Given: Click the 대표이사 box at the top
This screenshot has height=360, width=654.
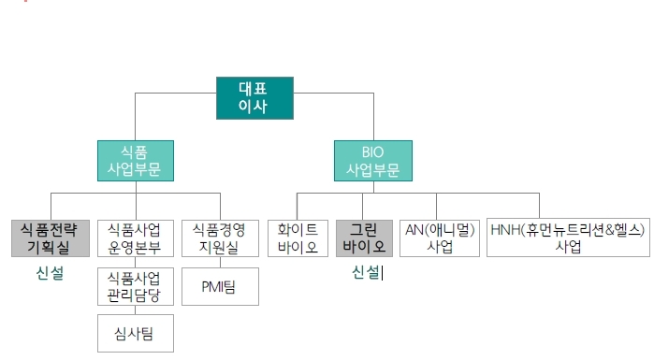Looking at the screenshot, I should pos(254,98).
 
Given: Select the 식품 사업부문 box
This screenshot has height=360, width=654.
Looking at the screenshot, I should pos(135,161).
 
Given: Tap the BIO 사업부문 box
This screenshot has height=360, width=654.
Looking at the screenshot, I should pos(372,161).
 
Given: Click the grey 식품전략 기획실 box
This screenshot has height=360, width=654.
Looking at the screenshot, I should pos(51,238).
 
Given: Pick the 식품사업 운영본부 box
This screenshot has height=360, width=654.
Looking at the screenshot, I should pos(136,238).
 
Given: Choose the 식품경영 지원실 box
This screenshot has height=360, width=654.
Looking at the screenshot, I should pos(220,238).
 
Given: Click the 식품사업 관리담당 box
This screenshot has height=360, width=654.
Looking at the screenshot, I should pos(136,287).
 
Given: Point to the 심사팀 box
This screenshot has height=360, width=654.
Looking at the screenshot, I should pos(136,334).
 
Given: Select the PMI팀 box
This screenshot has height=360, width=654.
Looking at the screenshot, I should pos(220,287).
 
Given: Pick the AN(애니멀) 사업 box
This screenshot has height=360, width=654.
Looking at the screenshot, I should pos(440,238).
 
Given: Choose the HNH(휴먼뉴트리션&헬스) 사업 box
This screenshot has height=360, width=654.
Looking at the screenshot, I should pos(568,238).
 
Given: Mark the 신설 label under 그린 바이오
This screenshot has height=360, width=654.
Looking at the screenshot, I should pos(366,273).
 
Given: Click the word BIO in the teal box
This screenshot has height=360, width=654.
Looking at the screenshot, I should pos(373,151).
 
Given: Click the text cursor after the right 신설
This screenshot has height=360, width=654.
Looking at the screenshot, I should pos(383,273).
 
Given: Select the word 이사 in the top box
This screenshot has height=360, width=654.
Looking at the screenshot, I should pos(254,108).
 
